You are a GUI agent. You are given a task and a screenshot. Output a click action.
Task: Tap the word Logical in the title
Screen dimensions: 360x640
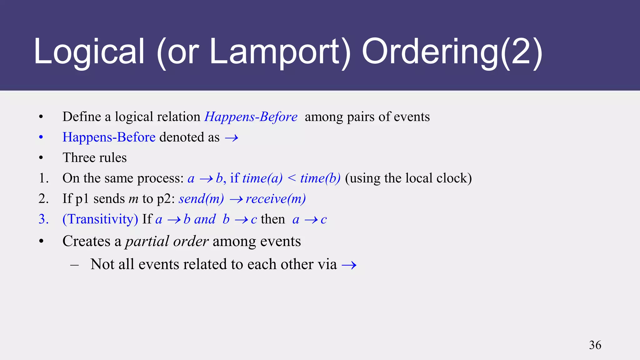[x=89, y=52]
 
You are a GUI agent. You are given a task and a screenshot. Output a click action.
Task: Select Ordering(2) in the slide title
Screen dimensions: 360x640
[x=452, y=52]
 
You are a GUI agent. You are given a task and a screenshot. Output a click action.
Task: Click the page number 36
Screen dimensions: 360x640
[x=595, y=345]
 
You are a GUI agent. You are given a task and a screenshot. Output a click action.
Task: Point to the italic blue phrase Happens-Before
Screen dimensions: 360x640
[x=251, y=117]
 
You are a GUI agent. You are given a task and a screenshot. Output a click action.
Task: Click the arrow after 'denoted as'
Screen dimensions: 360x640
[x=232, y=138]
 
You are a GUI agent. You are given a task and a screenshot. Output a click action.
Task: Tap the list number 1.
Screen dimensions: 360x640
[x=43, y=178]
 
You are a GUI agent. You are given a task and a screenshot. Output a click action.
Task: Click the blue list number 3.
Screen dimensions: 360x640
[x=43, y=219]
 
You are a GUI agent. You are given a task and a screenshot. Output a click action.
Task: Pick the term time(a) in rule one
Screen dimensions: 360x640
[x=262, y=178]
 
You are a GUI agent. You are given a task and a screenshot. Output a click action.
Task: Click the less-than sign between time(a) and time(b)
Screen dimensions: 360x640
[x=291, y=178]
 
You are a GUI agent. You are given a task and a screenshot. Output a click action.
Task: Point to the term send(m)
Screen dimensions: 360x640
[x=201, y=199]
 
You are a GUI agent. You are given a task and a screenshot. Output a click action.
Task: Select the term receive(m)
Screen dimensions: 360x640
[x=276, y=199]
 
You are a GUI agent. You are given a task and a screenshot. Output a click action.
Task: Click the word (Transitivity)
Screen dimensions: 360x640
[x=100, y=219]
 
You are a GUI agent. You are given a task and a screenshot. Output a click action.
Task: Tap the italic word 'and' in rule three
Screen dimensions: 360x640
[x=205, y=219]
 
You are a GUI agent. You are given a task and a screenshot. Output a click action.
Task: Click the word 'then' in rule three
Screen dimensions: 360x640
[x=273, y=219]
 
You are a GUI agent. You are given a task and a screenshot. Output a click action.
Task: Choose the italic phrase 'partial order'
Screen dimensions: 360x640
[x=167, y=241]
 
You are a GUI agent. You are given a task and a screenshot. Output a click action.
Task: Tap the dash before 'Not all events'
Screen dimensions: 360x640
[x=74, y=265]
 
